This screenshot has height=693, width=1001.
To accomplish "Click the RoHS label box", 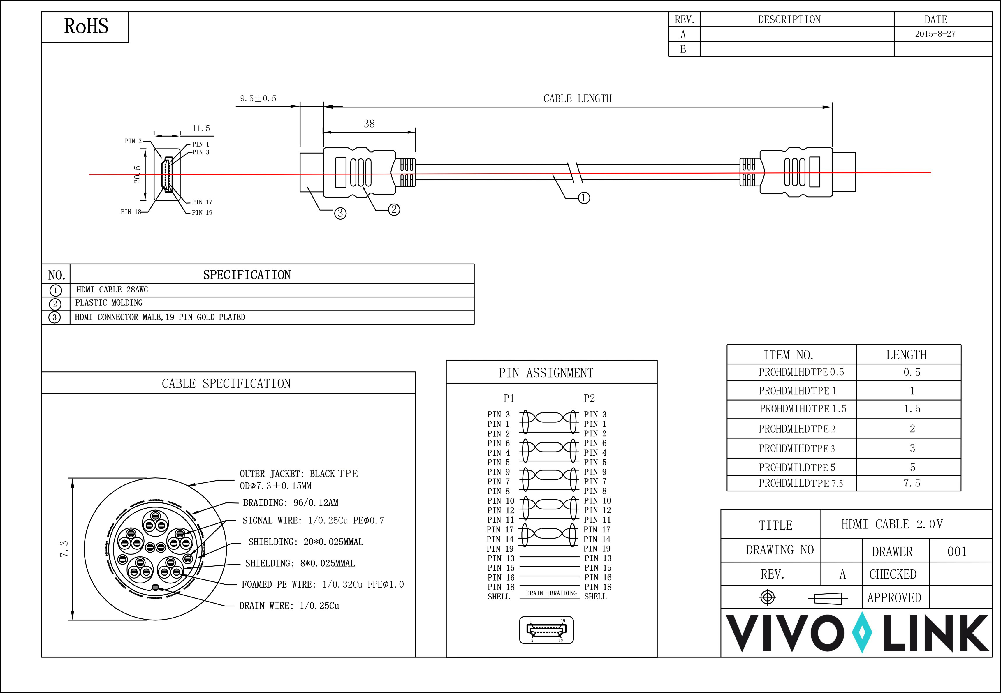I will coord(86,27).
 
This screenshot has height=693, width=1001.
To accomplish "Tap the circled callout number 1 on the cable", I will coord(584,198).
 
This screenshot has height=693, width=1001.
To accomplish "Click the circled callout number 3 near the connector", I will coord(340,213).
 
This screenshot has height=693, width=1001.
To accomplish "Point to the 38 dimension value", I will coord(369,124).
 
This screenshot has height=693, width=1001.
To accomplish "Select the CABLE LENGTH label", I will coord(577,98).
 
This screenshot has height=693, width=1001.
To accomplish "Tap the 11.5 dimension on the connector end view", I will coord(201,128).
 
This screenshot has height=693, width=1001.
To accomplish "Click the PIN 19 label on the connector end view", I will coord(202,212).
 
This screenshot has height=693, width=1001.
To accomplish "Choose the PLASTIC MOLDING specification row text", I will coord(109,303).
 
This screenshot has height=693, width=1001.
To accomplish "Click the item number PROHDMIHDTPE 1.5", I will coord(803,409).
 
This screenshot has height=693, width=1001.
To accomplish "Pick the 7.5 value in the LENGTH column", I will coord(912,483).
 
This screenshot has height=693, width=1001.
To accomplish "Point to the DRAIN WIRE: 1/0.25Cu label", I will coord(289,606).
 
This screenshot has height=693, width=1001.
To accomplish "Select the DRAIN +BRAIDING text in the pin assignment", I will coord(551,593).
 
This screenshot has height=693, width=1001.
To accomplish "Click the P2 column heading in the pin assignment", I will coord(589,398).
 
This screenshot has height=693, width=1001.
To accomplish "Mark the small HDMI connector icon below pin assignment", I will coord(546,630).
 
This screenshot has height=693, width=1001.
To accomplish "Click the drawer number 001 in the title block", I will coord(957,551).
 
